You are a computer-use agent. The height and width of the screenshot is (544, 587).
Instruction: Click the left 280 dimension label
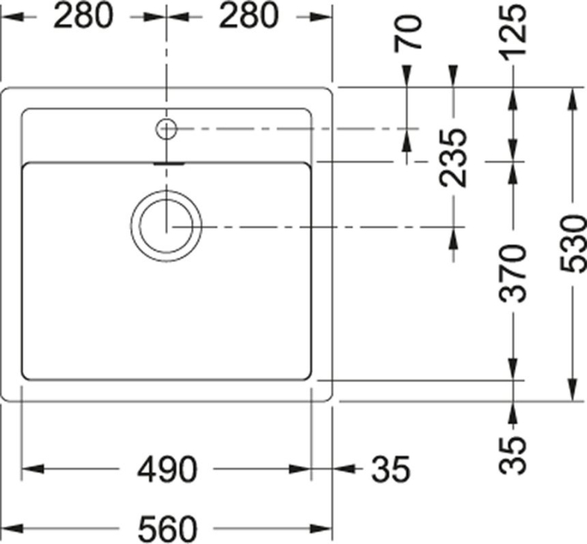pyautogui.click(x=82, y=16)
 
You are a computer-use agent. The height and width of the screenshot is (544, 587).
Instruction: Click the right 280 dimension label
pyautogui.click(x=249, y=16)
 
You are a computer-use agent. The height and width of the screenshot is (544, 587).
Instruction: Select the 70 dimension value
pyautogui.click(x=408, y=33)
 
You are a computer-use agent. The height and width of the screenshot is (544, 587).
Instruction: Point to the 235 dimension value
pyautogui.click(x=454, y=158)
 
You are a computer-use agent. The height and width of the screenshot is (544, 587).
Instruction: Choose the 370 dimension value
pyautogui.click(x=513, y=273)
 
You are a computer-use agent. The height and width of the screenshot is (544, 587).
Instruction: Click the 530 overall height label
pyautogui.click(x=573, y=243)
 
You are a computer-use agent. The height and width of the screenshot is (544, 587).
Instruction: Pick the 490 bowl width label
pyautogui.click(x=166, y=469)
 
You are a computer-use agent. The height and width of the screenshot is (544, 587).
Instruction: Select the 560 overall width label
pyautogui.click(x=167, y=529)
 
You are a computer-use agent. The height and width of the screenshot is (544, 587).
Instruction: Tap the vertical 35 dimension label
pyautogui.click(x=513, y=455)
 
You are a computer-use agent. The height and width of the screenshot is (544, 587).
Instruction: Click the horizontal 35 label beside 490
pyautogui.click(x=391, y=469)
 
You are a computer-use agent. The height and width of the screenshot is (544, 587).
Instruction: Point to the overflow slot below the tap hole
pyautogui.click(x=169, y=163)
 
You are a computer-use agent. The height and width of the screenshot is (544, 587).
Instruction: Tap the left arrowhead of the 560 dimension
pyautogui.click(x=12, y=529)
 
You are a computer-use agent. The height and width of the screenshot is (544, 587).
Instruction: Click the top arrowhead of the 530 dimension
pyautogui.click(x=573, y=98)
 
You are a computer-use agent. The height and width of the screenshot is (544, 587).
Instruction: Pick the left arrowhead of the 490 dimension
pyautogui.click(x=32, y=469)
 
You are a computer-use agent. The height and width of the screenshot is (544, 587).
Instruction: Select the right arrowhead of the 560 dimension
pyautogui.click(x=320, y=529)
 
